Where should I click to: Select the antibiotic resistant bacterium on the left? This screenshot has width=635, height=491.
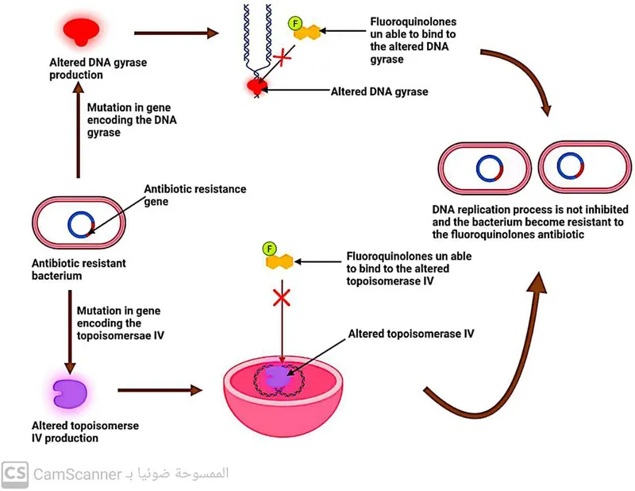coord(78,223)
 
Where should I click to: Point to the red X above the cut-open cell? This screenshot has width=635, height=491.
coord(280,299)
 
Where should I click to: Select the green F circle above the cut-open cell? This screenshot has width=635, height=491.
coord(270,248)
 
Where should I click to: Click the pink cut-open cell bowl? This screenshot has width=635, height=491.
coord(283,397)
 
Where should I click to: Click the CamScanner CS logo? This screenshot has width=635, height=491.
coord(14,474)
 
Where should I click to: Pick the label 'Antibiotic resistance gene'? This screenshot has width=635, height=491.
coord(194,195)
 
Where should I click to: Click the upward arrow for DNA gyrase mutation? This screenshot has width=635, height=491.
coord(78,131)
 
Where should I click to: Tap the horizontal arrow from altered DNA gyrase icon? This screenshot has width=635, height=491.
coord(176,33)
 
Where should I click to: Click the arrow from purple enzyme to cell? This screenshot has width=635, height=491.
coord(158,390)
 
